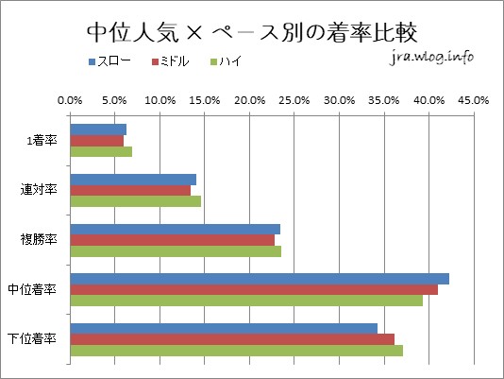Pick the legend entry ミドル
click(x=175, y=61)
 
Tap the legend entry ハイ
click(x=232, y=61)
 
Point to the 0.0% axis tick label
click(x=70, y=98)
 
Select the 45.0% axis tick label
click(x=473, y=98)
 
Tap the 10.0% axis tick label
click(x=160, y=98)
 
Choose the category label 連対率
click(x=41, y=190)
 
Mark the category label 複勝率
click(x=41, y=240)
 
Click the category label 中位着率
click(x=35, y=289)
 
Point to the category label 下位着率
click(x=35, y=339)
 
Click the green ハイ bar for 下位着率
click(x=236, y=351)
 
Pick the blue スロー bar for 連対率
click(x=133, y=179)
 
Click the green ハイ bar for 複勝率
click(x=176, y=251)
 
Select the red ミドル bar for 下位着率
click(x=232, y=339)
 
